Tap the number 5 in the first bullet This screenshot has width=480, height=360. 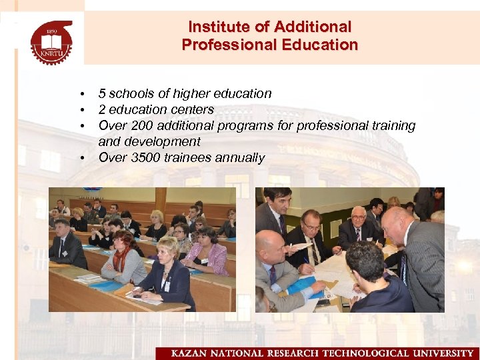(x=102, y=93)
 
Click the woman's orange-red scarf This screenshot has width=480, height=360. (x=120, y=257)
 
